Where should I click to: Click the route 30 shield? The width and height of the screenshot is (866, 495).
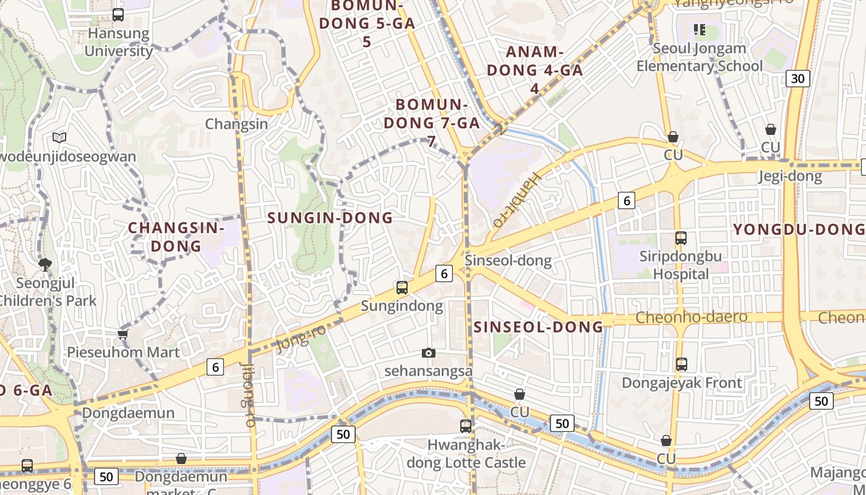(798, 78)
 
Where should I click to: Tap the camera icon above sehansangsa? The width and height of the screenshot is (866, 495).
(428, 353)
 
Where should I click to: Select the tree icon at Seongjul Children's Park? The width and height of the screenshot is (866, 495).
(45, 265)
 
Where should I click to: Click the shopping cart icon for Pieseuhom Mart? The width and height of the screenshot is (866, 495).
(122, 334)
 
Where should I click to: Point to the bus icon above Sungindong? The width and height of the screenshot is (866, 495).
(402, 287)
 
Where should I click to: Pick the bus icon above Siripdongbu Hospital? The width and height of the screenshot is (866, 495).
(681, 238)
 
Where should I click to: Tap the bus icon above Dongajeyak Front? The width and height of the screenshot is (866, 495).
(681, 364)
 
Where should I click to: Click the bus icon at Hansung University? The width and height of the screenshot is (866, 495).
(118, 15)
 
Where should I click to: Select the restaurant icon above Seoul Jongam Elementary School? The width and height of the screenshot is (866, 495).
(700, 29)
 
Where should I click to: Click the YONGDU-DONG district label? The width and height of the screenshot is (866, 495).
(799, 230)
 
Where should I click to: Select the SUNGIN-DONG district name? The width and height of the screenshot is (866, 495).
(330, 218)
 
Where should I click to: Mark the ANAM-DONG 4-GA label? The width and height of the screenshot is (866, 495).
(534, 70)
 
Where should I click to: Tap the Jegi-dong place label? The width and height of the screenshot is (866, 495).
(790, 176)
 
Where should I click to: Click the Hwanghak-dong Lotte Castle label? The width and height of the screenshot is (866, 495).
(466, 454)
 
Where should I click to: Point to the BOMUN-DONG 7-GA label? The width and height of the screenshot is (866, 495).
(431, 122)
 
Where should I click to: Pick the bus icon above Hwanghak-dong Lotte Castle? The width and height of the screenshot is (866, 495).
(466, 426)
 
